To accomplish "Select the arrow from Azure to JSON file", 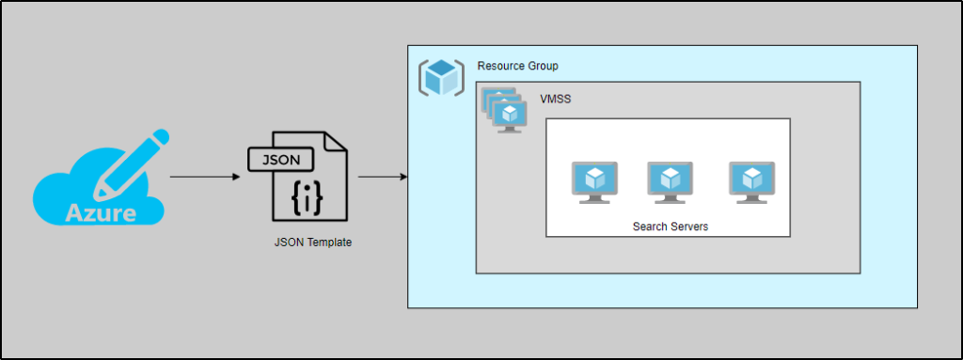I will [x=204, y=176].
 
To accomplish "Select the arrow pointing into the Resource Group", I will [x=382, y=176].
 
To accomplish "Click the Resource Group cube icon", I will [x=441, y=77].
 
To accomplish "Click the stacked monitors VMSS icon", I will [x=504, y=110].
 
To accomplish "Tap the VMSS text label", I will [x=555, y=98].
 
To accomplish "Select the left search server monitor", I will [x=594, y=181].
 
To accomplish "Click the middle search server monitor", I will [x=670, y=181].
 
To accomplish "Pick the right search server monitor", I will [x=751, y=181].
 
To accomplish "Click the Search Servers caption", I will [x=670, y=227].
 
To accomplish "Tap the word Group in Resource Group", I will [x=541, y=66].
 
